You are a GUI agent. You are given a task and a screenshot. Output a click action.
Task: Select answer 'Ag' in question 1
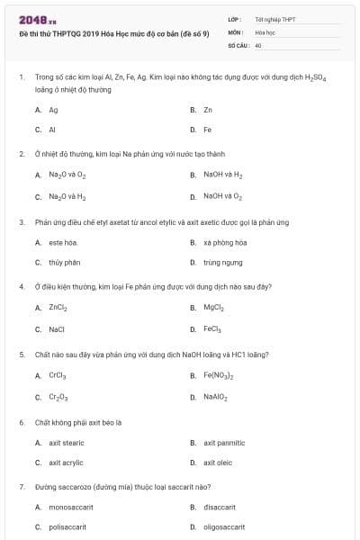coord(53,110)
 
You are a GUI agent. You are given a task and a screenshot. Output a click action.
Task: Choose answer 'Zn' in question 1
coord(208,110)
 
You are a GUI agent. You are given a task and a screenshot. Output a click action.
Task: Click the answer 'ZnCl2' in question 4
coord(58,308)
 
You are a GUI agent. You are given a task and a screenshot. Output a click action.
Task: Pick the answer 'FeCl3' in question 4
coord(212,329)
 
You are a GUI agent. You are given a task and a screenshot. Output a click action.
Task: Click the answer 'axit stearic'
coord(67,442)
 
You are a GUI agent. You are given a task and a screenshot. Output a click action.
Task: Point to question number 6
coord(21,421)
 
